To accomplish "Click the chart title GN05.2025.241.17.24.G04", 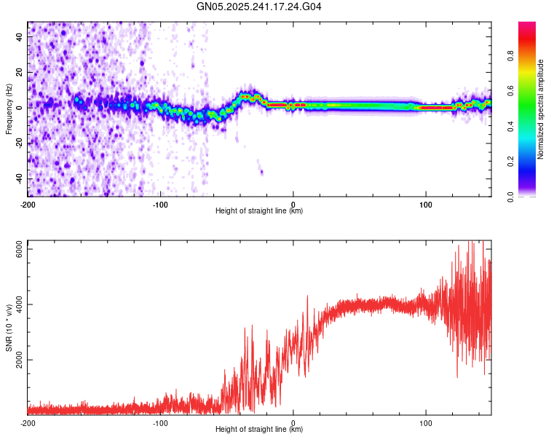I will (259, 7).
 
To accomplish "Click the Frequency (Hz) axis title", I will (9, 109).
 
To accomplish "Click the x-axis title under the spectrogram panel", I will (259, 211).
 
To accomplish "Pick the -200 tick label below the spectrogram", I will (28, 204).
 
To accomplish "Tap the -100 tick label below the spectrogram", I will (160, 204).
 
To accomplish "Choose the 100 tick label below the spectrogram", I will (425, 204).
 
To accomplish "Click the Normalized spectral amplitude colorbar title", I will (541, 109).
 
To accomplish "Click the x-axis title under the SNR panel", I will (259, 430).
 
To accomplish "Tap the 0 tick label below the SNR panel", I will (293, 422).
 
